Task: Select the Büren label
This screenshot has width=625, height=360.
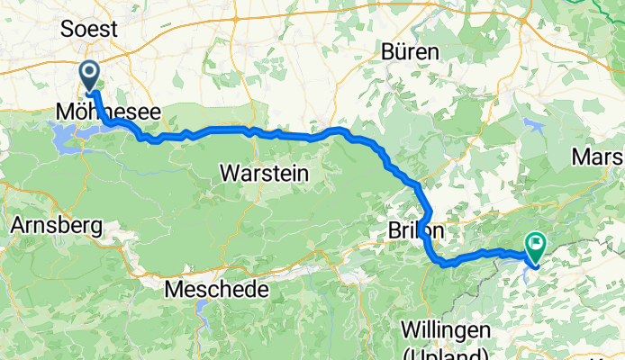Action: point(410,51)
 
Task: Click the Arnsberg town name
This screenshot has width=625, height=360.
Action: point(55,226)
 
